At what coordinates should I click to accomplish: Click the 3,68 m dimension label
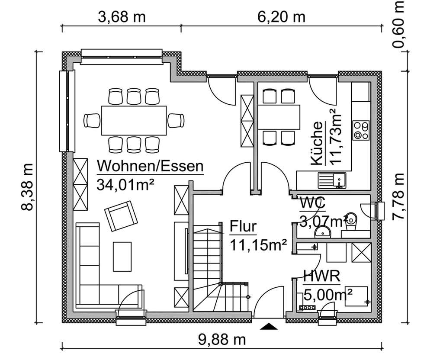122,17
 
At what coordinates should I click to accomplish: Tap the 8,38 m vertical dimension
27,187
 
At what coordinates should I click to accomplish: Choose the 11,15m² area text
258,245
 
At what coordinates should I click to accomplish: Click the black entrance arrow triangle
268,327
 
